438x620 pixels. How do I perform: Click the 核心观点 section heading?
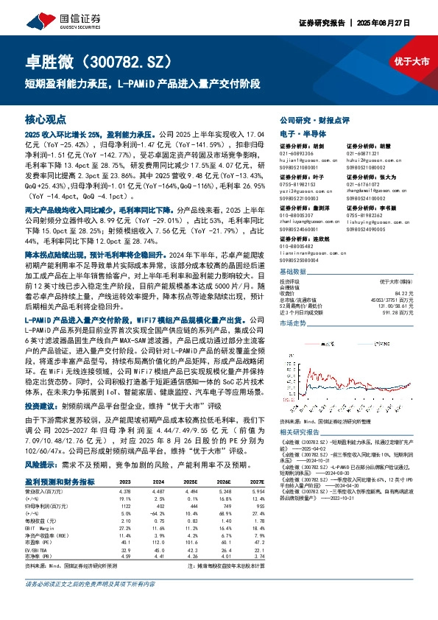point(46,119)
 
